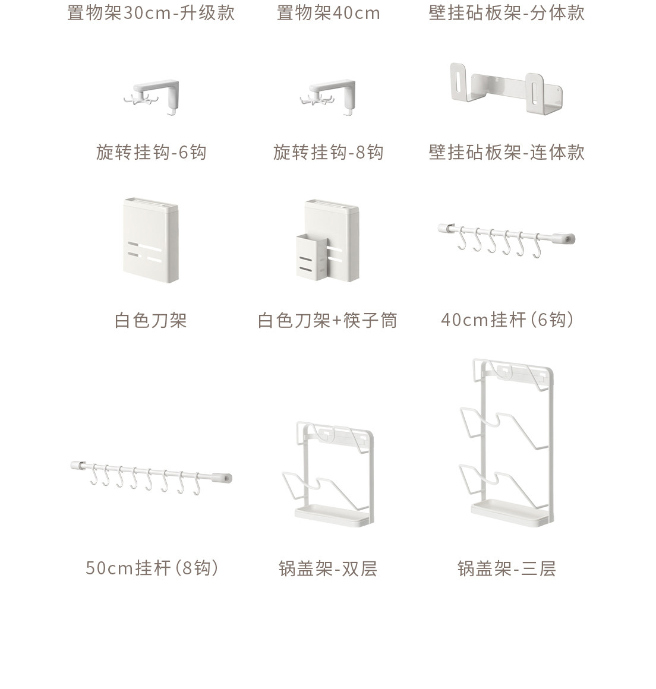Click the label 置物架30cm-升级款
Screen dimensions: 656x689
[x=151, y=13]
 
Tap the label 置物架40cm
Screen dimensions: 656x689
[x=328, y=13]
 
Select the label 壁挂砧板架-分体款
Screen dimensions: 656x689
[x=507, y=13]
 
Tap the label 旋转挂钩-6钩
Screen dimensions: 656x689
[x=151, y=153]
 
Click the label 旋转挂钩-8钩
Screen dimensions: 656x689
[x=328, y=153]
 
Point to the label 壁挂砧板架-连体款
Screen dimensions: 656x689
[x=507, y=153]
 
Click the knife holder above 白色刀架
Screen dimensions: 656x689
[x=150, y=241]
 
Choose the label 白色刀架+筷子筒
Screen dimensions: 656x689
[x=327, y=321]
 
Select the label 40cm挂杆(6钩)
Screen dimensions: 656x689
[x=507, y=320]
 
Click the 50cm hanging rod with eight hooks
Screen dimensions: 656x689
[x=151, y=477]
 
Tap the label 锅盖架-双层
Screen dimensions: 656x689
[x=328, y=569]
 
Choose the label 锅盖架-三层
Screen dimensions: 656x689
[x=507, y=569]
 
